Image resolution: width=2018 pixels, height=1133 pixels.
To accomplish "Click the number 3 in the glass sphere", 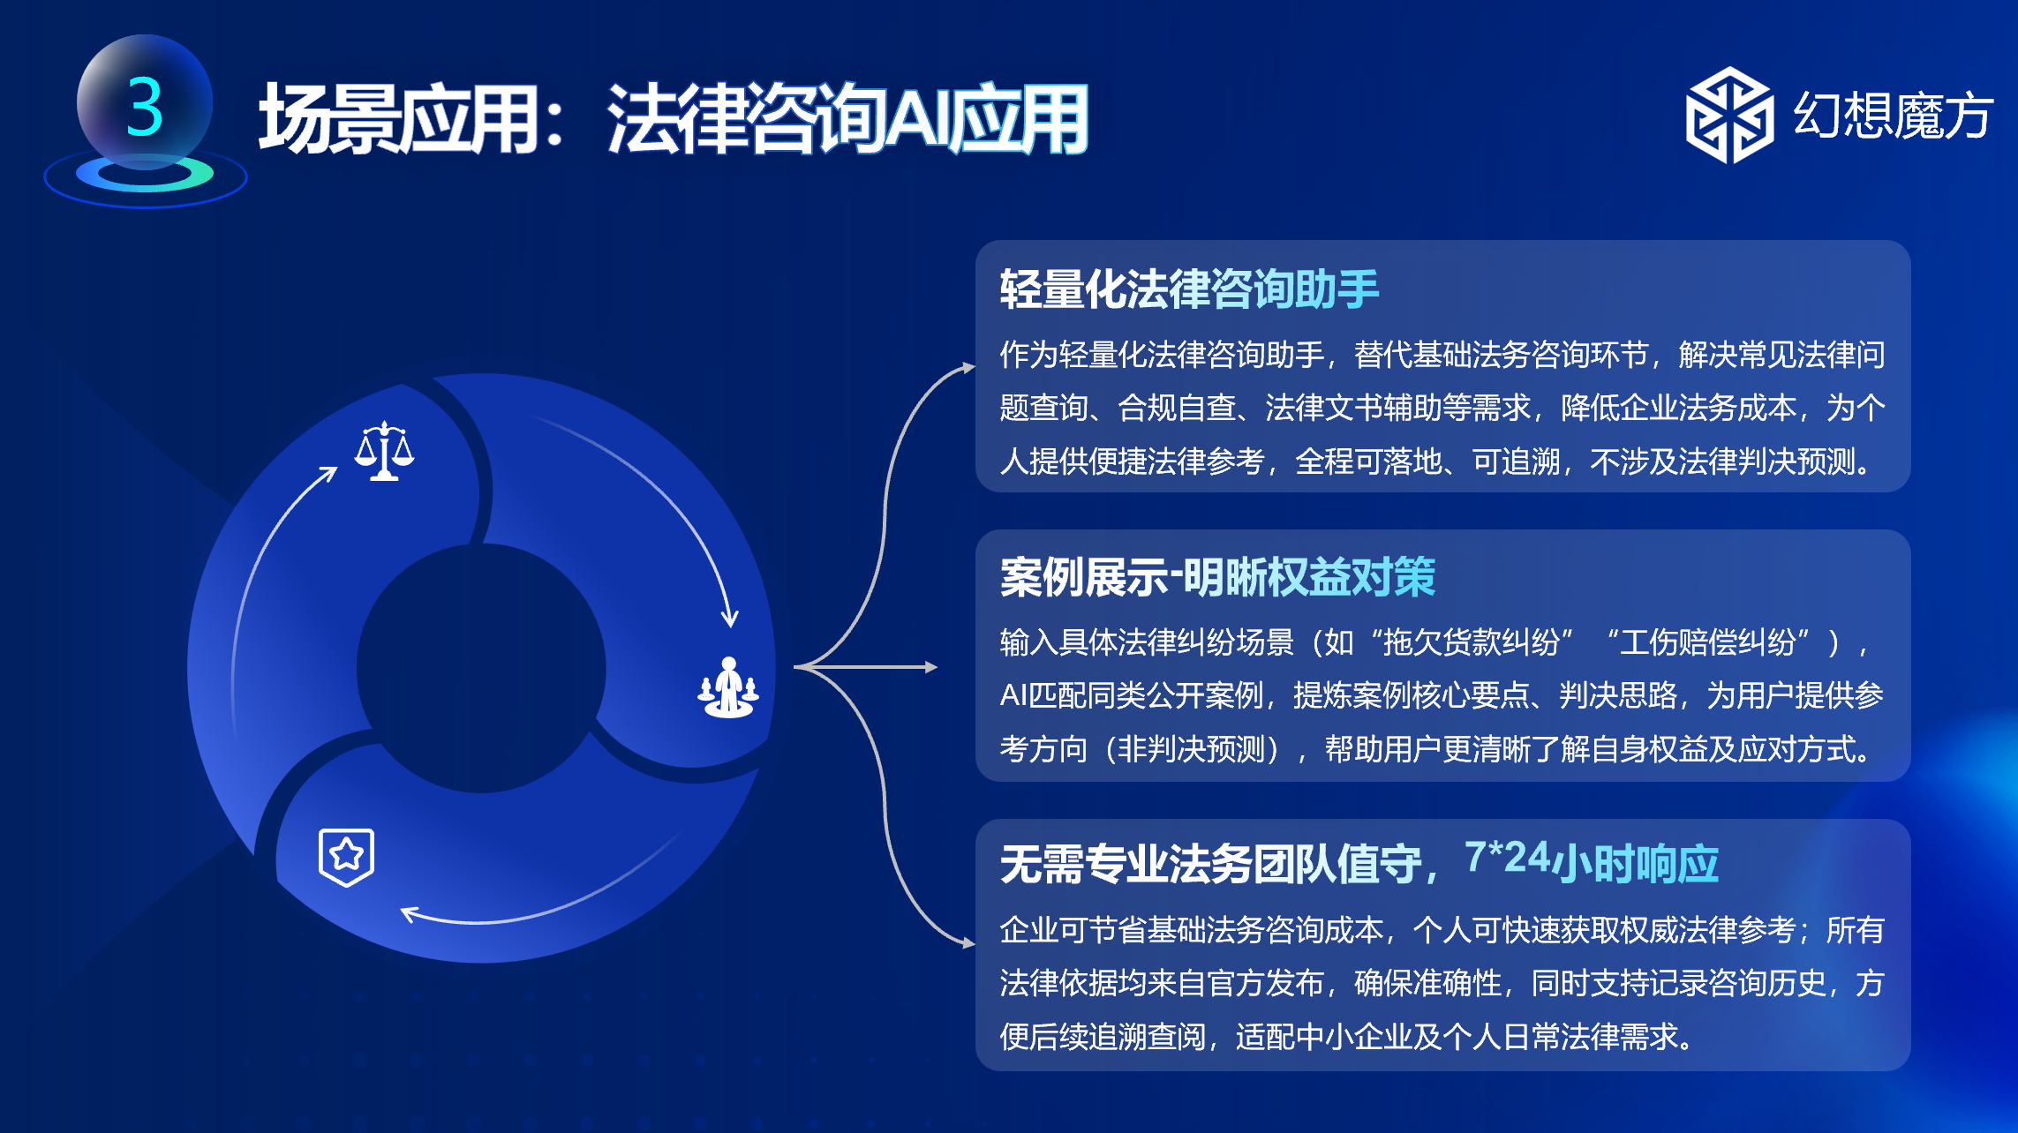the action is click(145, 107).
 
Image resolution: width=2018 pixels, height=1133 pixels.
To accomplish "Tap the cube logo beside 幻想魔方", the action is click(1728, 115).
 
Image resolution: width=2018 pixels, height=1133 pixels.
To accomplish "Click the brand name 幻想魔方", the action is click(1893, 115).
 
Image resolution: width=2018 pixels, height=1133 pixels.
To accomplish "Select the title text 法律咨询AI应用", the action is click(847, 119).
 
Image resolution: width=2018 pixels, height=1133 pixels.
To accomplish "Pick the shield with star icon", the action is click(346, 857).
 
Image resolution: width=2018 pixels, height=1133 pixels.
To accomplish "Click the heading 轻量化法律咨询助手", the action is click(1189, 289).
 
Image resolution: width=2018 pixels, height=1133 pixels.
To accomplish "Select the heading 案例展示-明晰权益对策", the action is click(1217, 578).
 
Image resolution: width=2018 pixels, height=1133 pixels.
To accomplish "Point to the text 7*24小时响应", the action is click(1592, 861).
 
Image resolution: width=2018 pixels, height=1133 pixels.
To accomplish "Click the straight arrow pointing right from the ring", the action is click(866, 667).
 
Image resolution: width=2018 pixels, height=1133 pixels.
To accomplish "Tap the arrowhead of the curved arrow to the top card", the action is click(968, 367).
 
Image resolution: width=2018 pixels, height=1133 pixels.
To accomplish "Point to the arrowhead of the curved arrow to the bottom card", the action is click(968, 943).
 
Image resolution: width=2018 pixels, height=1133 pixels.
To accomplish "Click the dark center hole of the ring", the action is click(481, 668).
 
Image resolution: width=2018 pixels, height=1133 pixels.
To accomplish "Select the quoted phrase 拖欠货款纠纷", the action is click(1471, 642).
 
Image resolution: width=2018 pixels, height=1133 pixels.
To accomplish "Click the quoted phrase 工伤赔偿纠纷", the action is click(1707, 642).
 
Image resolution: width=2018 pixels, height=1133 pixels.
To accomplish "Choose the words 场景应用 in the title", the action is click(398, 119).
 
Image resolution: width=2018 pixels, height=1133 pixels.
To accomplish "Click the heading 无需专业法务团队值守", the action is click(1211, 864).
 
